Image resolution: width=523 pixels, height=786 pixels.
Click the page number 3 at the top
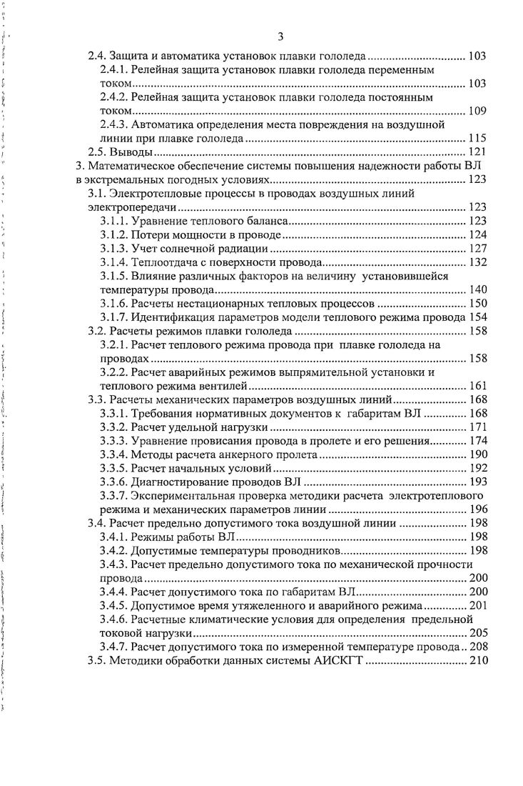[280, 36]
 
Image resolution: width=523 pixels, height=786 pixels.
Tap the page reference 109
[477, 111]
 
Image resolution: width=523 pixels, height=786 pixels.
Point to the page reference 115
[477, 138]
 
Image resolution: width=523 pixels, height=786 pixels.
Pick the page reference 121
[477, 151]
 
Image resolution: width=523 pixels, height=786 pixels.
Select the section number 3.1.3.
[115, 248]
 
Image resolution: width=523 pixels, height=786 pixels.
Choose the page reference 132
[477, 262]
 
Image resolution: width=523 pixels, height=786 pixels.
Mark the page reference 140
[477, 289]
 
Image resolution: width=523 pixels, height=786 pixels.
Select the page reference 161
[477, 386]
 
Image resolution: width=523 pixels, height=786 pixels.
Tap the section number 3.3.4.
[115, 454]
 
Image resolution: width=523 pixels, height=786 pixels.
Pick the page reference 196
[477, 509]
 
